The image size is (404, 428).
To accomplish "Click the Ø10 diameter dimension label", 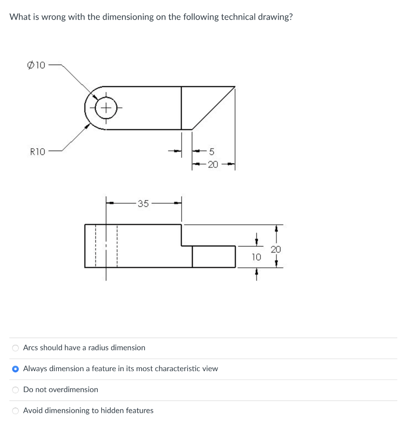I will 36,65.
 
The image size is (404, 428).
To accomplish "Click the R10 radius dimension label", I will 38,151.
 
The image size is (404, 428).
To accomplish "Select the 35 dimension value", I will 143,204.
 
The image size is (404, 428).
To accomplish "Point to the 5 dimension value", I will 211,151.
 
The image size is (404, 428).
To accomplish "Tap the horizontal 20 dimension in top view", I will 213,165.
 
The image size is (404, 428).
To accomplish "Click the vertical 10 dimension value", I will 257,257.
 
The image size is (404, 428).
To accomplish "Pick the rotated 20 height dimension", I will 276,250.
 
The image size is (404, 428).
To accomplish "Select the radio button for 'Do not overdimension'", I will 15,390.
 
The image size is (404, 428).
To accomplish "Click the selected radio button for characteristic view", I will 15,369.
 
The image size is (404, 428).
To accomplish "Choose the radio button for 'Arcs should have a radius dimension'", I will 15,348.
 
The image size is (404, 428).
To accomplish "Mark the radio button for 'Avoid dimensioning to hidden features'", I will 15,411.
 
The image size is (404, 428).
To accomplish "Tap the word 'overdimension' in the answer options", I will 73,390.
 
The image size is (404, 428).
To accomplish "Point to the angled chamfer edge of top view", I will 213,108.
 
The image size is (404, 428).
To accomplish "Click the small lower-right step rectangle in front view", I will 213,257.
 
